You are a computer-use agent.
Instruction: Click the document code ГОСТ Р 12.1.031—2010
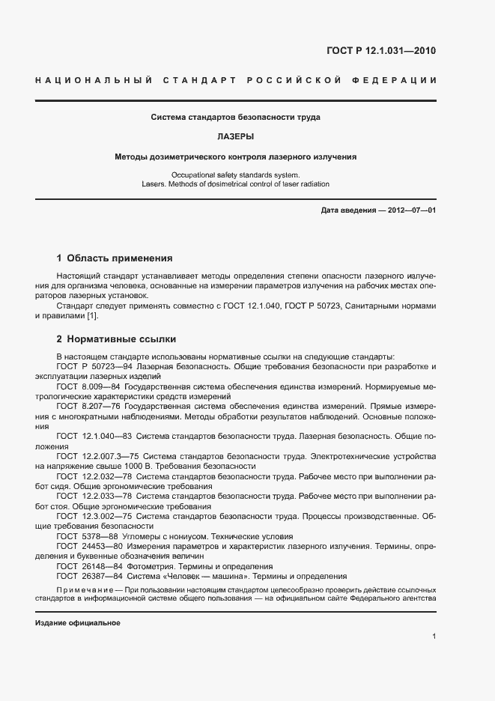coord(380,51)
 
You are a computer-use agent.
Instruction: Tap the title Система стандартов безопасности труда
coord(236,118)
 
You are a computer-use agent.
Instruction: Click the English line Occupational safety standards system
coord(236,175)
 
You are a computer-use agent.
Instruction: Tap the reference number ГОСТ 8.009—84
coord(88,386)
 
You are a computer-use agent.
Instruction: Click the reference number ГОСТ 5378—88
coord(85,536)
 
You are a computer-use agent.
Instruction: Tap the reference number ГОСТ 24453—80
coord(88,547)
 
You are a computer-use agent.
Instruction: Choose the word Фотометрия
coord(150,567)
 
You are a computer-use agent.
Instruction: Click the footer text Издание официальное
coord(77,623)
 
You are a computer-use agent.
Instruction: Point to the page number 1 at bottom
coord(434,636)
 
